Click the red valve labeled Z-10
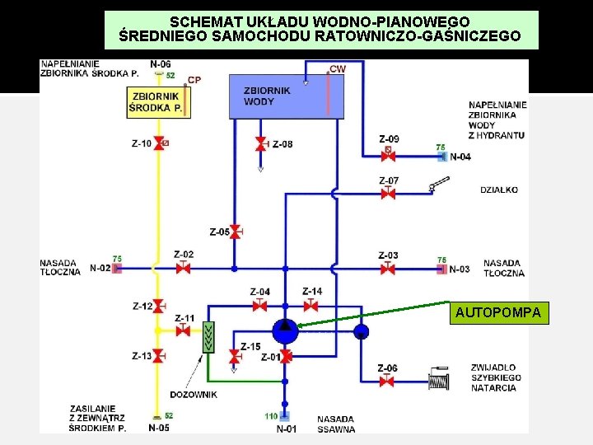[158, 143]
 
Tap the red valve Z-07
[388, 194]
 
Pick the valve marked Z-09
[388, 154]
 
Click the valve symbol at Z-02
[183, 269]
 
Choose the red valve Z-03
[388, 269]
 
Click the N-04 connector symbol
[442, 155]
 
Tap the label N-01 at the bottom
[287, 429]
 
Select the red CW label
[338, 68]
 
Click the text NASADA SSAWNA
[336, 424]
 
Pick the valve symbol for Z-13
[158, 356]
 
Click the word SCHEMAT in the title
[202, 21]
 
